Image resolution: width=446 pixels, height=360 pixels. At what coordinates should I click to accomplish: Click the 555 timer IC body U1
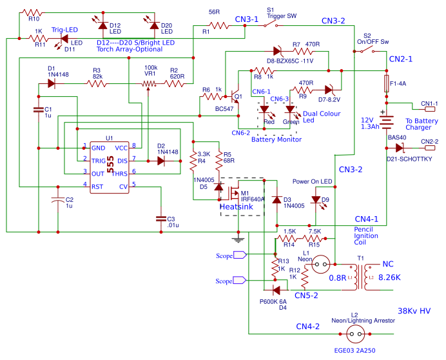(109, 166)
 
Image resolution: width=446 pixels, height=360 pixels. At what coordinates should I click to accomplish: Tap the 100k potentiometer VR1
(150, 84)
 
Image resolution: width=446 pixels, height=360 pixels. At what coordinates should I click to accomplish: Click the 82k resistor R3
(97, 84)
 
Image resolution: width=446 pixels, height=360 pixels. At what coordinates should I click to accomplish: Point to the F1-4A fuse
(386, 83)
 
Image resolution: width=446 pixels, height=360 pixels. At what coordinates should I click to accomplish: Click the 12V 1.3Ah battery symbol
(386, 120)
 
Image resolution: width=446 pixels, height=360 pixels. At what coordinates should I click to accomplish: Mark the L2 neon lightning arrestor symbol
(355, 334)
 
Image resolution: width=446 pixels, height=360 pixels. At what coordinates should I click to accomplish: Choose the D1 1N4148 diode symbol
(52, 84)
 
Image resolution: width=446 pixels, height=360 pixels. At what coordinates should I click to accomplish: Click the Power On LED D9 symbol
(315, 200)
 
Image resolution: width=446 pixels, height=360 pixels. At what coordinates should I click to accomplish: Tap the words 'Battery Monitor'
(276, 139)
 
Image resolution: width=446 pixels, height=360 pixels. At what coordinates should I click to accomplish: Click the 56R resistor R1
(220, 26)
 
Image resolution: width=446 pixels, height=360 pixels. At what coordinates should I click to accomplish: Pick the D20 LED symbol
(154, 25)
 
